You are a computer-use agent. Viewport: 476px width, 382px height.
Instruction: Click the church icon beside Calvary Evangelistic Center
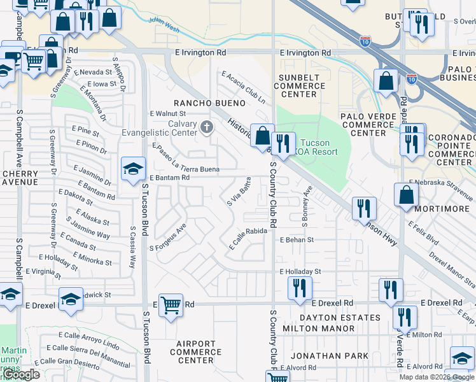pyautogui.click(x=206, y=127)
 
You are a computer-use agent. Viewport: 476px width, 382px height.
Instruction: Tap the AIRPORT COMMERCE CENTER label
pyautogui.click(x=195, y=352)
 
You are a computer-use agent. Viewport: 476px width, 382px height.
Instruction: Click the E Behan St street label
pyautogui.click(x=297, y=240)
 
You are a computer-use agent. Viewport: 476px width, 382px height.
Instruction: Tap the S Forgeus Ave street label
pyautogui.click(x=167, y=237)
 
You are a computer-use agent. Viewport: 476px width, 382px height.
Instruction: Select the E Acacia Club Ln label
pyautogui.click(x=242, y=88)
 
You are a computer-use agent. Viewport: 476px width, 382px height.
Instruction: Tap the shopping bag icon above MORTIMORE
pyautogui.click(x=406, y=196)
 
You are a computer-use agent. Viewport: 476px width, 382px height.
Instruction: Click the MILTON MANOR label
pyautogui.click(x=326, y=329)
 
